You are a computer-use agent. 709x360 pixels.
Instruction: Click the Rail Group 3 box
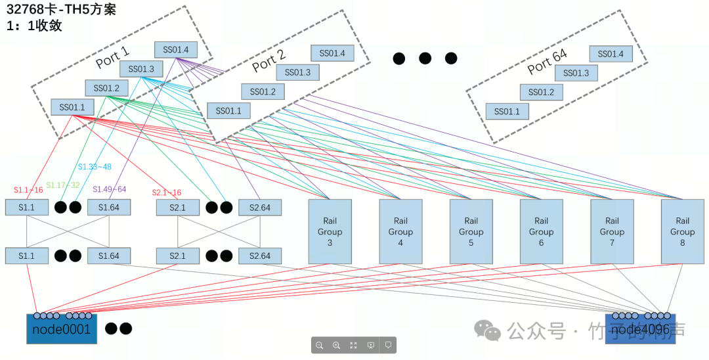click(330, 231)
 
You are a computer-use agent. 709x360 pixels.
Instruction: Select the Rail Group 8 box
click(682, 231)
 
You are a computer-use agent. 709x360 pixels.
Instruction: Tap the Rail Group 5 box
click(471, 231)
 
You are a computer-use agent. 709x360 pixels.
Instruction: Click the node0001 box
click(61, 329)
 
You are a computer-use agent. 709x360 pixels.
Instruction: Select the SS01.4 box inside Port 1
click(176, 49)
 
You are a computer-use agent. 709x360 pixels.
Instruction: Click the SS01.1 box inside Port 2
click(228, 111)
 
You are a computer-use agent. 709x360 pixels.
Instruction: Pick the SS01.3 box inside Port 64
click(576, 73)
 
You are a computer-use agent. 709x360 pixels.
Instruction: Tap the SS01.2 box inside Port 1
click(106, 88)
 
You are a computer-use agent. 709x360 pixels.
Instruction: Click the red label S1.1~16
click(28, 190)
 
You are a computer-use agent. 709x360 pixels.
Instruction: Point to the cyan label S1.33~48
click(95, 167)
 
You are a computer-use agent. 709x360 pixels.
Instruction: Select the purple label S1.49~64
click(109, 189)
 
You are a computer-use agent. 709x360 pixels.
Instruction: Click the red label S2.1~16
click(167, 192)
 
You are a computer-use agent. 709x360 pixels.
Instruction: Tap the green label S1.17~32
click(62, 185)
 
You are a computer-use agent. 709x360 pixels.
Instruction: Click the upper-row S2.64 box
click(260, 208)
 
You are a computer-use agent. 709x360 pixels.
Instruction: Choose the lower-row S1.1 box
click(26, 256)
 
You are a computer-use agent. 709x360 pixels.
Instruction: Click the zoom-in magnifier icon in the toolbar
click(336, 345)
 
